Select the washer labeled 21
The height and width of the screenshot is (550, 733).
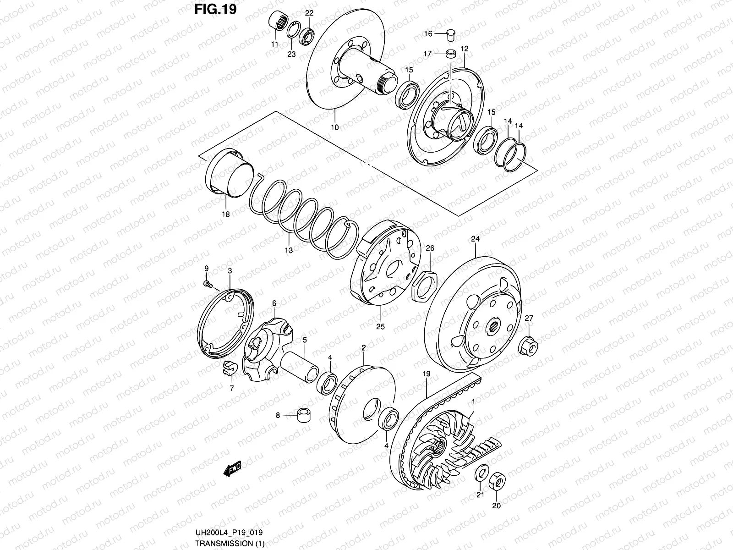click(x=481, y=472)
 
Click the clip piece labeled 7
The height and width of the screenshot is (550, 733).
click(x=228, y=368)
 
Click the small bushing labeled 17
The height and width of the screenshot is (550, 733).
click(x=451, y=54)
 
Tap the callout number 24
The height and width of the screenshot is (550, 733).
click(x=475, y=239)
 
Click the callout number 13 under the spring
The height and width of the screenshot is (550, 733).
click(x=289, y=250)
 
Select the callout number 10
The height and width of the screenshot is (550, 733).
click(x=334, y=127)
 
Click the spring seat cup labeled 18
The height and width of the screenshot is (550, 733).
click(x=230, y=175)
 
